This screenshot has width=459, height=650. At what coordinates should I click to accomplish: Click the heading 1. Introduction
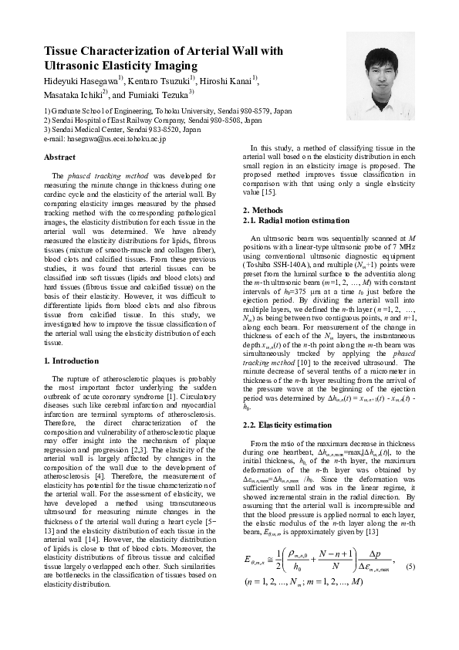click(x=72, y=361)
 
